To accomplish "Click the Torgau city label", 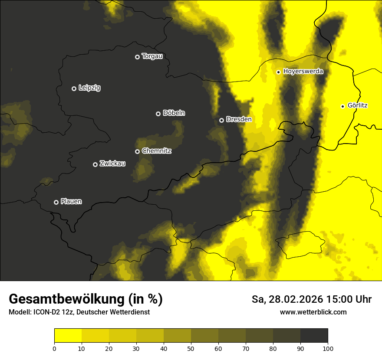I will click(x=152, y=56).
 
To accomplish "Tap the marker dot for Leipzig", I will click(x=74, y=88).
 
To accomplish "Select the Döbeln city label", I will click(x=174, y=113).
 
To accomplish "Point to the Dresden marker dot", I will click(x=221, y=120).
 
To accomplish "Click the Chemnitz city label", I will click(x=157, y=151).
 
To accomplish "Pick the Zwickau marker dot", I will click(x=95, y=164).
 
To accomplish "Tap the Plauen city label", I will click(x=71, y=202).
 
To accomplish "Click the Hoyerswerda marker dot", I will click(x=278, y=72).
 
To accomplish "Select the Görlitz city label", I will click(x=358, y=105).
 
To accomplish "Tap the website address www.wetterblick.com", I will click(x=313, y=312).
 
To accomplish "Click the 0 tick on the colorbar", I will click(x=54, y=348).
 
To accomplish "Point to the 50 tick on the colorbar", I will click(x=191, y=348).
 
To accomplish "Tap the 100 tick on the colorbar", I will click(x=328, y=348).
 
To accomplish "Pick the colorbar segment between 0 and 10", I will click(x=68, y=336).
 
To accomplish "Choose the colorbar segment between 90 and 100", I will click(x=314, y=336).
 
